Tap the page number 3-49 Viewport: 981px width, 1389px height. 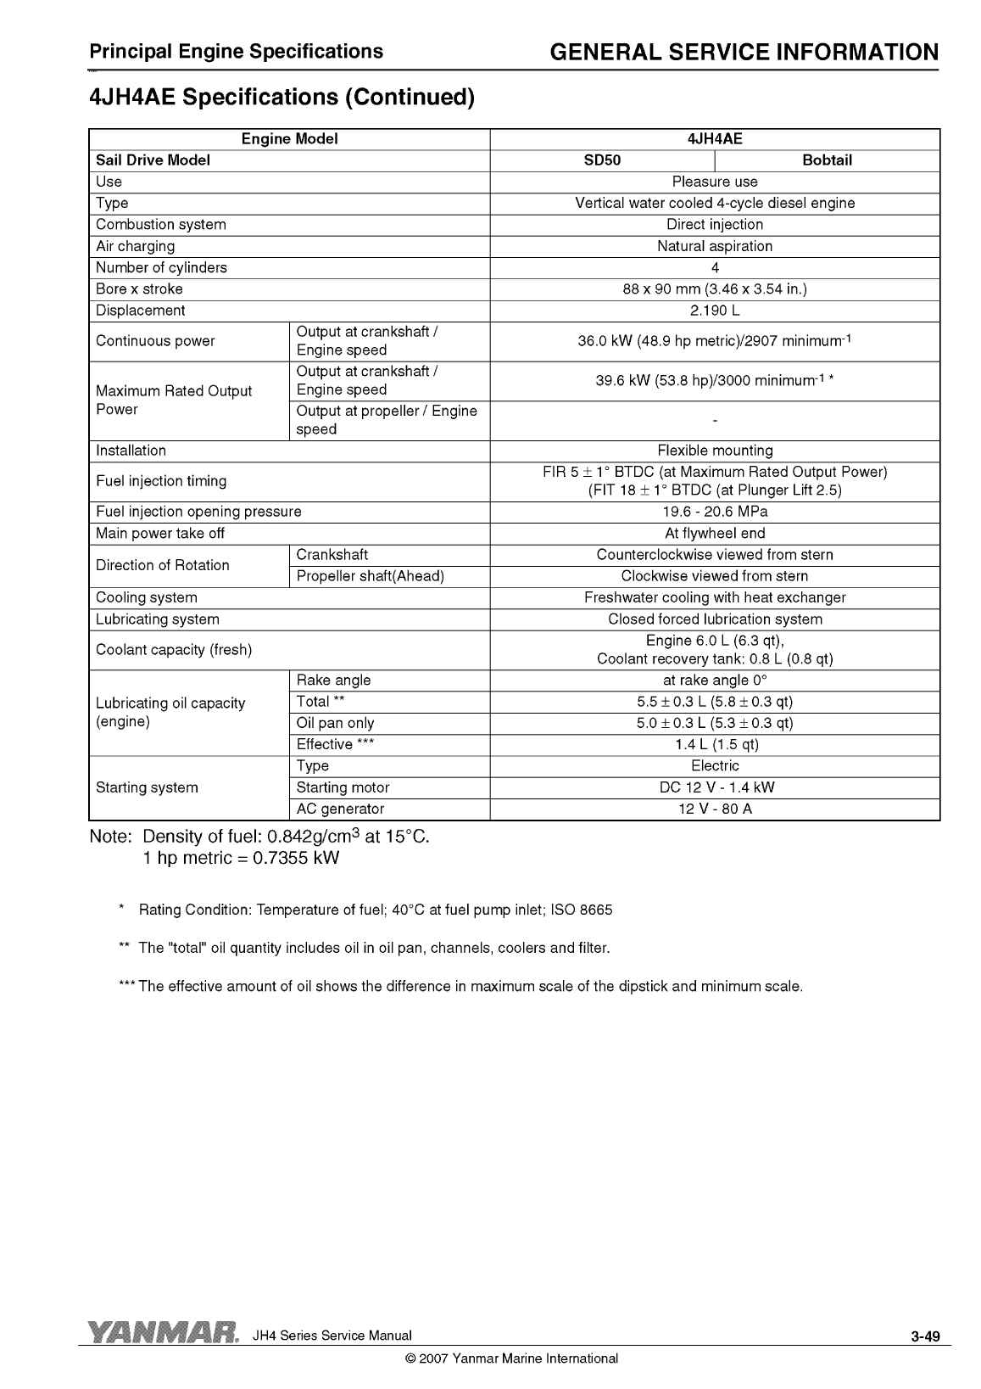point(925,1337)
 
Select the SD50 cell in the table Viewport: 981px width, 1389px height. point(602,160)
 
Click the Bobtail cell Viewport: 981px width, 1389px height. point(827,160)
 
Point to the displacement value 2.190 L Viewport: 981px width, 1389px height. point(715,311)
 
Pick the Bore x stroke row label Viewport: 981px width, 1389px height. point(139,289)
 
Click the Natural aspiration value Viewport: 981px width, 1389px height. point(715,246)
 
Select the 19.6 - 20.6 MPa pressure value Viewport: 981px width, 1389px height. point(715,512)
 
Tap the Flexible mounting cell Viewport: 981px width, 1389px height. point(715,451)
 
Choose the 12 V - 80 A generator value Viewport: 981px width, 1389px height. point(715,809)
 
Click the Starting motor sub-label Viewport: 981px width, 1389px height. point(343,787)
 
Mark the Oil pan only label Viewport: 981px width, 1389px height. point(335,723)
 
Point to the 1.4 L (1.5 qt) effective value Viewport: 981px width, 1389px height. point(715,744)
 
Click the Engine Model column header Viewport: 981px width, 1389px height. point(289,139)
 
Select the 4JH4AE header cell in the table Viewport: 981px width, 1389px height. point(715,139)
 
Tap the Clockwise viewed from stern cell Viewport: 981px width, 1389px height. point(715,576)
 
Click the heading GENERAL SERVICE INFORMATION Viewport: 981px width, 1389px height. point(744,53)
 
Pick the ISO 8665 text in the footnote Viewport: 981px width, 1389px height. point(581,910)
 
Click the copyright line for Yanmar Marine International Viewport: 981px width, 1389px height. point(512,1358)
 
